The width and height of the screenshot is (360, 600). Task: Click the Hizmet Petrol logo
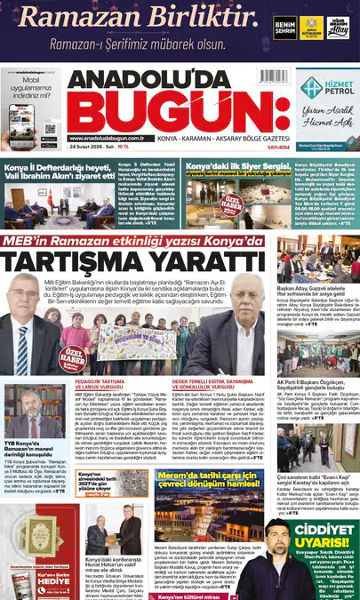point(324,87)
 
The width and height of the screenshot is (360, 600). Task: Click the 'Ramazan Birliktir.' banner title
point(147,16)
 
